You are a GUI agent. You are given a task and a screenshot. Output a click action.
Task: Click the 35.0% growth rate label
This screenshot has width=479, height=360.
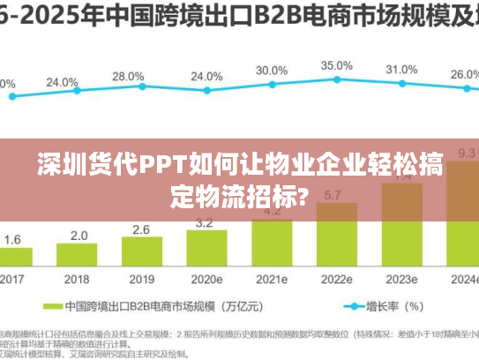(x=336, y=65)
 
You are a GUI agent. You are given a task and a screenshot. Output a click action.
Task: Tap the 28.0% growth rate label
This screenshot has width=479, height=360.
(x=128, y=76)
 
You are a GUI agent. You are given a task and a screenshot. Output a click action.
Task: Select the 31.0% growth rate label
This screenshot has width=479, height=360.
(x=401, y=69)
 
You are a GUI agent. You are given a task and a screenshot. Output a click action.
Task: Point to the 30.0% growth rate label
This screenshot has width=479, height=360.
(x=271, y=71)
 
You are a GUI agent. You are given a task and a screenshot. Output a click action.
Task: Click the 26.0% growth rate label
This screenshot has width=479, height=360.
(x=464, y=74)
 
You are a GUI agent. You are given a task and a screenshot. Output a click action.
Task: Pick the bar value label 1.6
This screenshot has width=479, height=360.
(x=13, y=239)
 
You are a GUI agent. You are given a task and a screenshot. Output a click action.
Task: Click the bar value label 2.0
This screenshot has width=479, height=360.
(x=79, y=235)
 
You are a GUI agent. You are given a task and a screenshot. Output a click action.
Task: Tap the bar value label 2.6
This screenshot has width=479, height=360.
(x=141, y=229)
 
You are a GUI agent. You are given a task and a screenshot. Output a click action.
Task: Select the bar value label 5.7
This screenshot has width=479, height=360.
(x=336, y=195)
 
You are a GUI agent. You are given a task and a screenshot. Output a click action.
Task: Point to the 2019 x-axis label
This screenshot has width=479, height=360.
(x=142, y=279)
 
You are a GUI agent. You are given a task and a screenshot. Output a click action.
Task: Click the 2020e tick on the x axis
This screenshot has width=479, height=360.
(x=206, y=279)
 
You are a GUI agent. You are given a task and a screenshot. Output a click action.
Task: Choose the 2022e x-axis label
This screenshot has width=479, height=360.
(x=336, y=279)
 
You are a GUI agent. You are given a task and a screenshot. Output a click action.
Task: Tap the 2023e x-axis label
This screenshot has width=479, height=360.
(x=401, y=279)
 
